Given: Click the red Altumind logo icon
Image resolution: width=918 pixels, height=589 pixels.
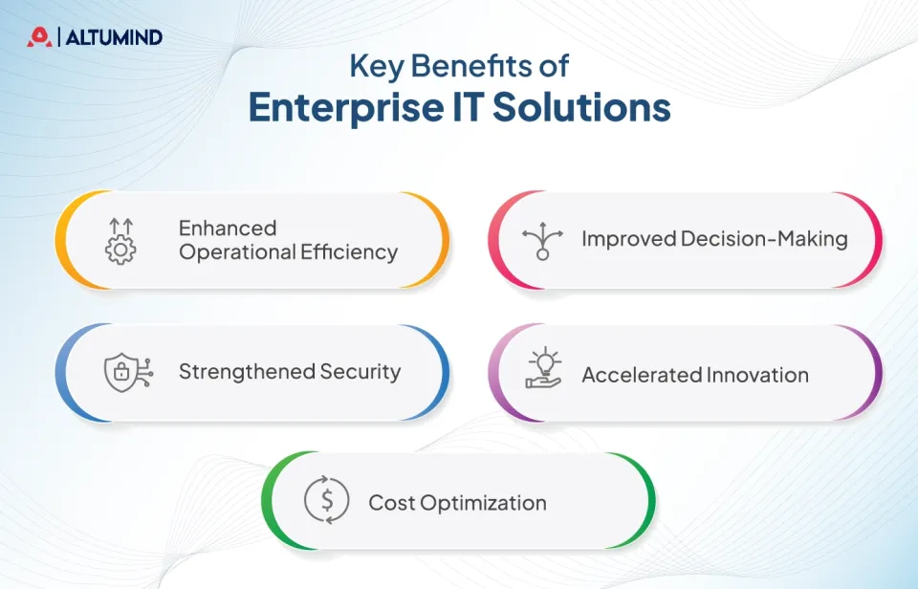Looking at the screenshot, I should (x=38, y=37).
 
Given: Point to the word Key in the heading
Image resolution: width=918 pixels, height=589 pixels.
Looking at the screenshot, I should (x=371, y=67).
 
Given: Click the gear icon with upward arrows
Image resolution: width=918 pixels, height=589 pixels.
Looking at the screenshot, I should (x=120, y=240).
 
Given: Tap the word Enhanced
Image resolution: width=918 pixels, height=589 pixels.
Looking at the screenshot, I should (x=228, y=228).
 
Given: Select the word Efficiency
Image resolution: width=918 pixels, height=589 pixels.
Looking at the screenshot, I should (x=349, y=252).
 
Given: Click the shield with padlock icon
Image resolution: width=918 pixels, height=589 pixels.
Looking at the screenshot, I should (x=123, y=372).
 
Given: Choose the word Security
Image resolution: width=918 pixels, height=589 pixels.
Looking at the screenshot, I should (x=362, y=372).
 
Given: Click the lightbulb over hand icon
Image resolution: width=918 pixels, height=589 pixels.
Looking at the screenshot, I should (x=544, y=370).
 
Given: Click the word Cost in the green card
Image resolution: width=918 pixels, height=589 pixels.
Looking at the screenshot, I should (x=389, y=503).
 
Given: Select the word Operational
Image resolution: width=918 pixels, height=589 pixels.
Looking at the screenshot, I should (x=237, y=252).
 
